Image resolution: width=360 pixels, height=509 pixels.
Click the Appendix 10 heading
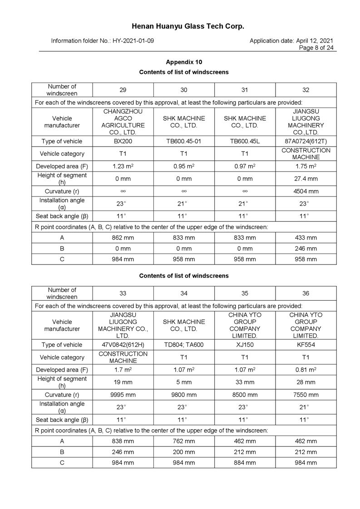(x=184, y=62)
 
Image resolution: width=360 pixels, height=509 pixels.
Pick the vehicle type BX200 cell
(x=123, y=141)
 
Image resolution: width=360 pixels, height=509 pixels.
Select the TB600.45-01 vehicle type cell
(x=184, y=141)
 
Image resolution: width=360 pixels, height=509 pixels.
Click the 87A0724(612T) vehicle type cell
(x=306, y=141)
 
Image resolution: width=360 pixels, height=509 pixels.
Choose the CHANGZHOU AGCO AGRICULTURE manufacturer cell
(x=123, y=122)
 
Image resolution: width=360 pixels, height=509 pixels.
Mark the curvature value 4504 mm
(x=306, y=191)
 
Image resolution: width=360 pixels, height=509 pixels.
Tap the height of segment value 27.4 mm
(x=306, y=179)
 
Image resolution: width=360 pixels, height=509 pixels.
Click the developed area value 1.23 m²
(x=123, y=166)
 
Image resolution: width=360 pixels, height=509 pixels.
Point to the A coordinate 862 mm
(x=123, y=238)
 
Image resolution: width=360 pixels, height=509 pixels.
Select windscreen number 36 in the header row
(x=306, y=294)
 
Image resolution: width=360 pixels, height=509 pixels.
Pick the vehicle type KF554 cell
(x=306, y=345)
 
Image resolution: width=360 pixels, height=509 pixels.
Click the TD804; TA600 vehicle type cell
(x=184, y=345)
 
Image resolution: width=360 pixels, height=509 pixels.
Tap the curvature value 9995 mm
(x=123, y=395)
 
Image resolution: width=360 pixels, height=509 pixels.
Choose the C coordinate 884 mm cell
(x=245, y=463)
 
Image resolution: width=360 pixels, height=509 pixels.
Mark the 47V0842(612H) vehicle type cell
(x=123, y=345)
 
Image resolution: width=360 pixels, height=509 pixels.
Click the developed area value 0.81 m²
(x=306, y=370)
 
